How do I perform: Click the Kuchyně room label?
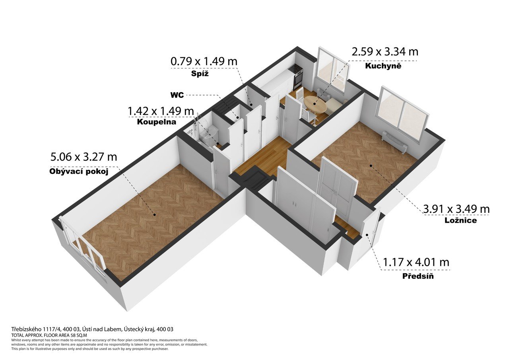(x=383, y=66)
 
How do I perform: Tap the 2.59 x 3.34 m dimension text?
(x=385, y=52)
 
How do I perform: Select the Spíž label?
(x=200, y=74)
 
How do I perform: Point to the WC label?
(x=177, y=95)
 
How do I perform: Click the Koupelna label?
(x=157, y=122)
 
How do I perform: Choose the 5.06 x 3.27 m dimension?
(x=84, y=157)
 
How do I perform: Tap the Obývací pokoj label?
(x=79, y=171)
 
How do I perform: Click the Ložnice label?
(x=461, y=220)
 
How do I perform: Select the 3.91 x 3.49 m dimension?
(x=456, y=209)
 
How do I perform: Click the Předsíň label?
(x=418, y=276)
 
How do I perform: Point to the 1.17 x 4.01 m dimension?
(x=416, y=262)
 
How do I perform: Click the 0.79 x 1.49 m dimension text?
(x=204, y=61)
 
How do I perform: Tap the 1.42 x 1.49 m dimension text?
(x=161, y=111)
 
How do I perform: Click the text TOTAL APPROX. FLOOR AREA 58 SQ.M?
(x=49, y=335)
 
